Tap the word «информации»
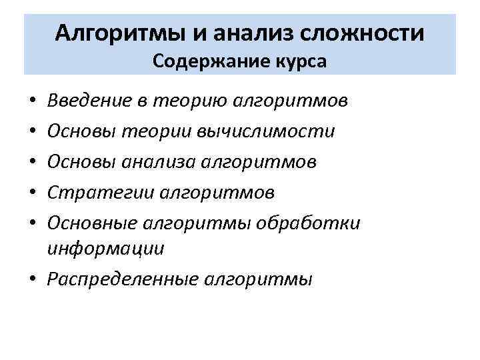tap(106, 249)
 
